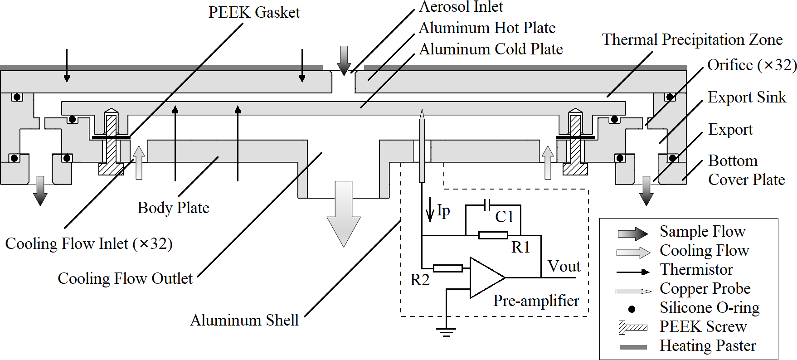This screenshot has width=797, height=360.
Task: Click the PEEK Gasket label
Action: tap(254, 12)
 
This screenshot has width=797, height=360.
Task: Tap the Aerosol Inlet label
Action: tap(461, 7)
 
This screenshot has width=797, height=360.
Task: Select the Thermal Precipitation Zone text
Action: tap(692, 40)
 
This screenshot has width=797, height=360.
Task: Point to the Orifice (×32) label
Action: tap(752, 65)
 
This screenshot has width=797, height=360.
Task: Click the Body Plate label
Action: tap(173, 208)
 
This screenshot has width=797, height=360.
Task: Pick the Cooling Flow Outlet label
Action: tap(125, 278)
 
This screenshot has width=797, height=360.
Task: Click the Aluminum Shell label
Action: tap(244, 320)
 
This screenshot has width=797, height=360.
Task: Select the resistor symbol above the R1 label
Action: tap(493, 235)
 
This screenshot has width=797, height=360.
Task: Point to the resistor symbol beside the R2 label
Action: tap(447, 268)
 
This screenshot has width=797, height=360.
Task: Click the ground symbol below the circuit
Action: tap(446, 332)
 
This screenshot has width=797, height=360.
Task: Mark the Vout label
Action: tap(564, 266)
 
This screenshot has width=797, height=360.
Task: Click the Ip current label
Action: tap(443, 210)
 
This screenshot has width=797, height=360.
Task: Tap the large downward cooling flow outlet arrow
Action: tap(344, 213)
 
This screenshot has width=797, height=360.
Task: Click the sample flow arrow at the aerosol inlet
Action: tap(344, 59)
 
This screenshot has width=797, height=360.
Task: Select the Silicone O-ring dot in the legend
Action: tap(632, 309)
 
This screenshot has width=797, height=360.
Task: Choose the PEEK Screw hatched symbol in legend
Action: tap(632, 327)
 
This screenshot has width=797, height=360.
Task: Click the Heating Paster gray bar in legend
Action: tap(633, 347)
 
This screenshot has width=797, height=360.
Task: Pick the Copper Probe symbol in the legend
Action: tap(633, 291)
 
